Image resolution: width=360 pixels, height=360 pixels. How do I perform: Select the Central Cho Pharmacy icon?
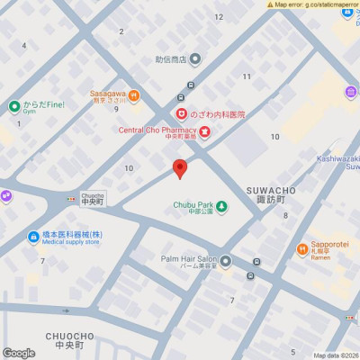204,132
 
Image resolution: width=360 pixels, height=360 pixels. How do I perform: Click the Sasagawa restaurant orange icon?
134,95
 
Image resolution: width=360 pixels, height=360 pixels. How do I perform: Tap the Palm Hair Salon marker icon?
226,261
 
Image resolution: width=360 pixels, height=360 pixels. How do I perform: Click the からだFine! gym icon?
14,106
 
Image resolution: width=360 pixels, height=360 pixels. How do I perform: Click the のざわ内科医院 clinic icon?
181,114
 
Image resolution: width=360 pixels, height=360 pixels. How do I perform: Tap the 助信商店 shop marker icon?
194,60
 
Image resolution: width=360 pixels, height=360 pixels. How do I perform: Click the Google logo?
18,353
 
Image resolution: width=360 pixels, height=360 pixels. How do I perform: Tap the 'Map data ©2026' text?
335,355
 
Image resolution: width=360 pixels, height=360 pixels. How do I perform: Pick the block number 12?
218,16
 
